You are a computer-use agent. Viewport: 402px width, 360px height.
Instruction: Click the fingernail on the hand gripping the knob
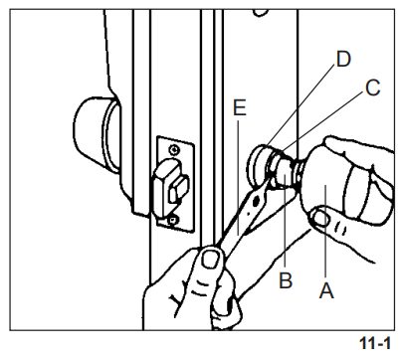coord(319,215)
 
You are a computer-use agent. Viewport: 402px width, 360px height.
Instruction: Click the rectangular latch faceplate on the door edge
coord(171,181)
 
